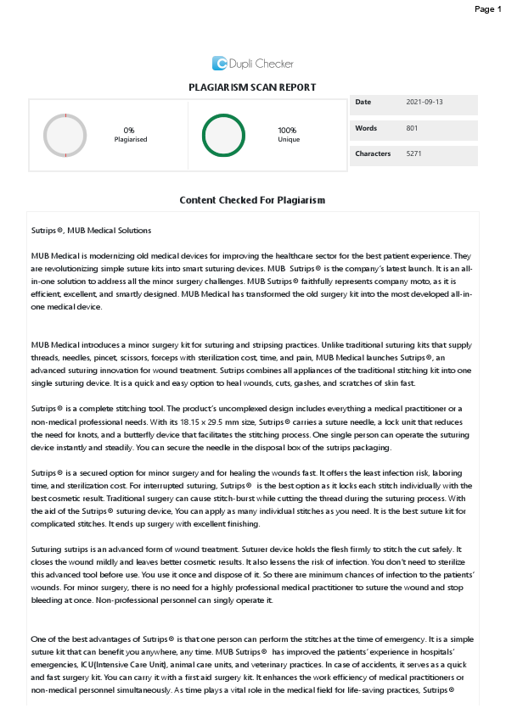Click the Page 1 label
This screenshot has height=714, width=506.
pyautogui.click(x=487, y=8)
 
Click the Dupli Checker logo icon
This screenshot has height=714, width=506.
pyautogui.click(x=219, y=63)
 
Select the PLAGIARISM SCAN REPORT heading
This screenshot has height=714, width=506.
pyautogui.click(x=252, y=87)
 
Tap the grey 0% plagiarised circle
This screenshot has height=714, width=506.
pyautogui.click(x=65, y=135)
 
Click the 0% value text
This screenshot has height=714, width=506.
pyautogui.click(x=131, y=130)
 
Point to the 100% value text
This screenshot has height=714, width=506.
pyautogui.click(x=288, y=130)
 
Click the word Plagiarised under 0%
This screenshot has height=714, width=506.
pyautogui.click(x=131, y=139)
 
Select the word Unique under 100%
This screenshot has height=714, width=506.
pyautogui.click(x=288, y=139)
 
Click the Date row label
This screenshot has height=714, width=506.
pyautogui.click(x=363, y=103)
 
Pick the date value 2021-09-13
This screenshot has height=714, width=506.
pyautogui.click(x=424, y=103)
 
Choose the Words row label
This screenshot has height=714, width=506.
pyautogui.click(x=365, y=128)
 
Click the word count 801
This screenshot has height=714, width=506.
pyautogui.click(x=413, y=128)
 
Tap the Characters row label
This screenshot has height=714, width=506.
pyautogui.click(x=373, y=154)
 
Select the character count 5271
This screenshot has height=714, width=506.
pyautogui.click(x=414, y=154)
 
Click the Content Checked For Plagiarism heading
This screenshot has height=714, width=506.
pyautogui.click(x=252, y=200)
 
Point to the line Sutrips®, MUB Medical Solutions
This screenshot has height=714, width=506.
pyautogui.click(x=91, y=230)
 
